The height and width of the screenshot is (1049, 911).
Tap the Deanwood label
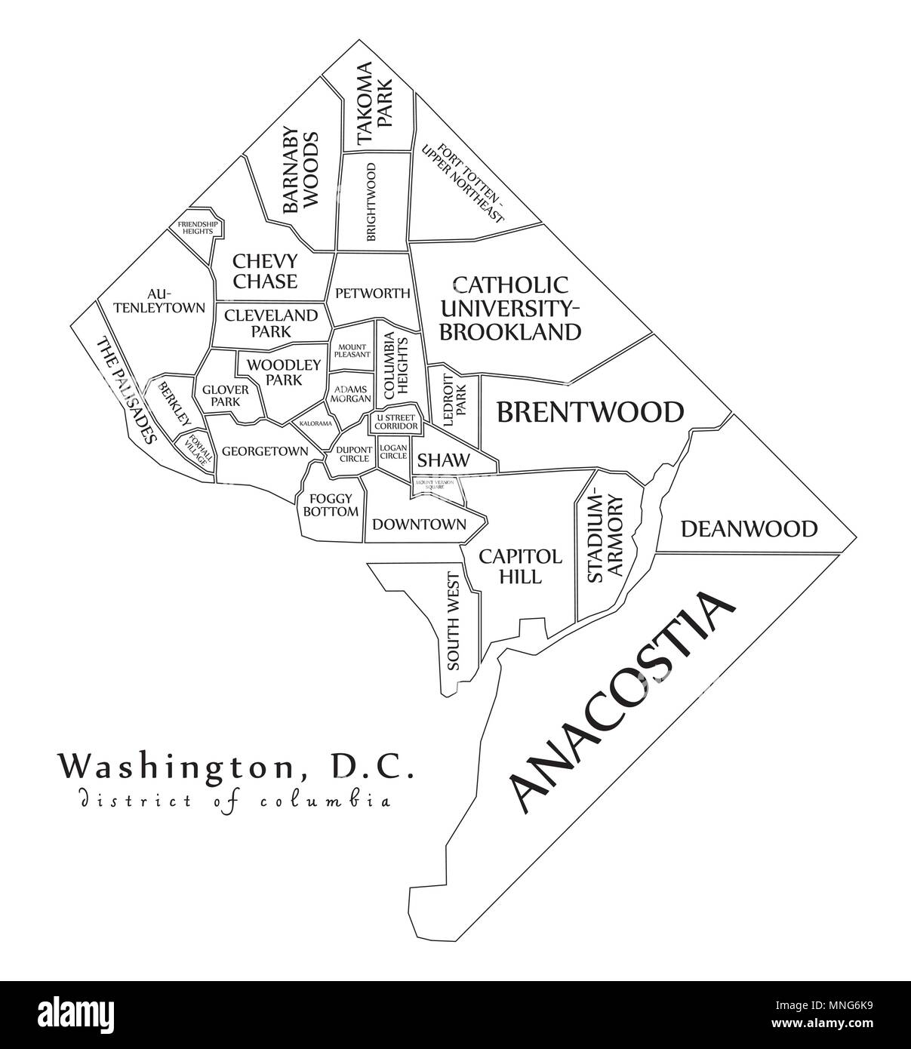(749, 528)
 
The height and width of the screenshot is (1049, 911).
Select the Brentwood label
(589, 412)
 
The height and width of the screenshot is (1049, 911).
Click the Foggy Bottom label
(330, 504)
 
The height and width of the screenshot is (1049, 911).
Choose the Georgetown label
(265, 451)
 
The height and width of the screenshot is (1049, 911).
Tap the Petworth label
(372, 293)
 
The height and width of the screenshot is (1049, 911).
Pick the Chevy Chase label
(264, 272)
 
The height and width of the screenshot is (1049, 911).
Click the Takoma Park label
(374, 104)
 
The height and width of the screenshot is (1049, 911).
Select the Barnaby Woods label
(300, 172)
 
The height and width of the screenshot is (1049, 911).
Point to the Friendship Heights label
(197, 227)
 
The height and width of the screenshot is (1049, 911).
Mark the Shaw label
(444, 460)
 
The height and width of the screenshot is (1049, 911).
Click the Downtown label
(419, 524)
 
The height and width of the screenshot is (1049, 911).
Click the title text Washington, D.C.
(236, 765)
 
